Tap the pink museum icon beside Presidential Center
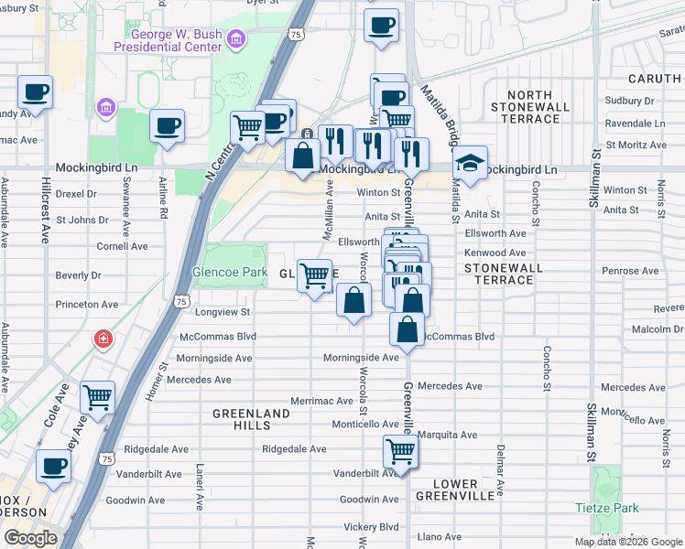(237, 39)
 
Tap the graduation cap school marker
(470, 165)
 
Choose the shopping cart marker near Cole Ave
(97, 397)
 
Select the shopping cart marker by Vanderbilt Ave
(400, 450)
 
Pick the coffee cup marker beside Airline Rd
(167, 125)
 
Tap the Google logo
(30, 539)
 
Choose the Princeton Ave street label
(86, 304)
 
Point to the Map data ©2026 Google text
(628, 542)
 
